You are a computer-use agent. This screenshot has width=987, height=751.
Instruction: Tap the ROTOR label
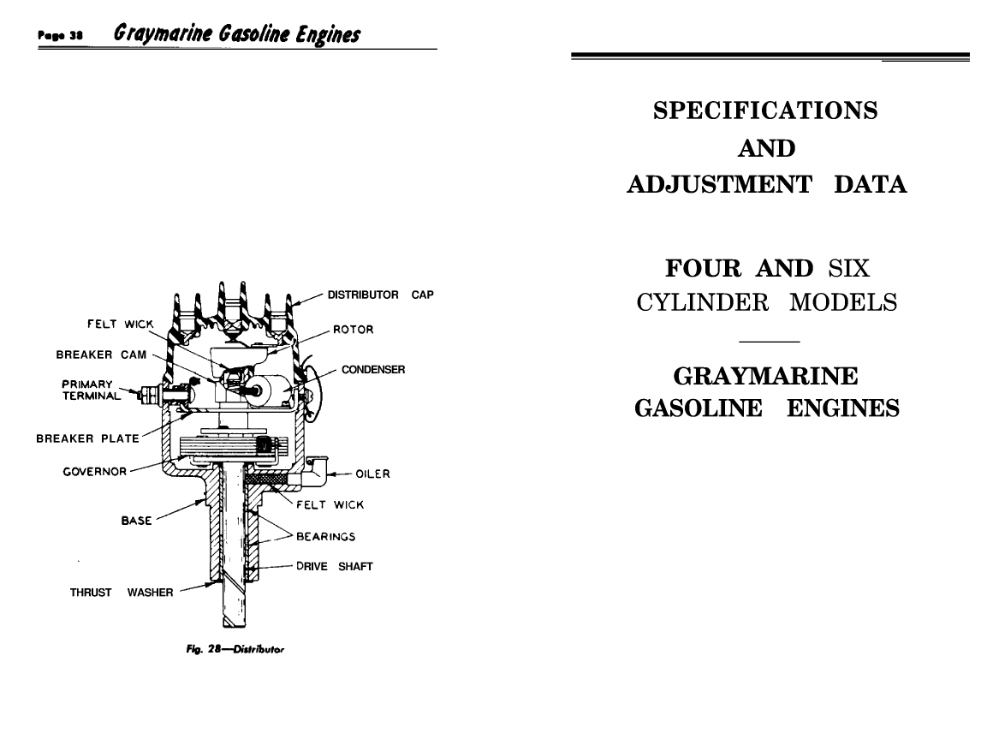point(354,329)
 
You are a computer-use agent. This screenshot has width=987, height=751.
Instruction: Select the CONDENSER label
point(372,370)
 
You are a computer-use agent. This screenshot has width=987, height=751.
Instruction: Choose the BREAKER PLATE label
point(87,439)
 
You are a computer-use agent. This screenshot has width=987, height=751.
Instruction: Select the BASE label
point(138,519)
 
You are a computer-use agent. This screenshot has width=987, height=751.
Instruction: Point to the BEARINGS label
point(325,538)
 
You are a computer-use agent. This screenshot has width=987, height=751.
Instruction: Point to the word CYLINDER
point(696,303)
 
